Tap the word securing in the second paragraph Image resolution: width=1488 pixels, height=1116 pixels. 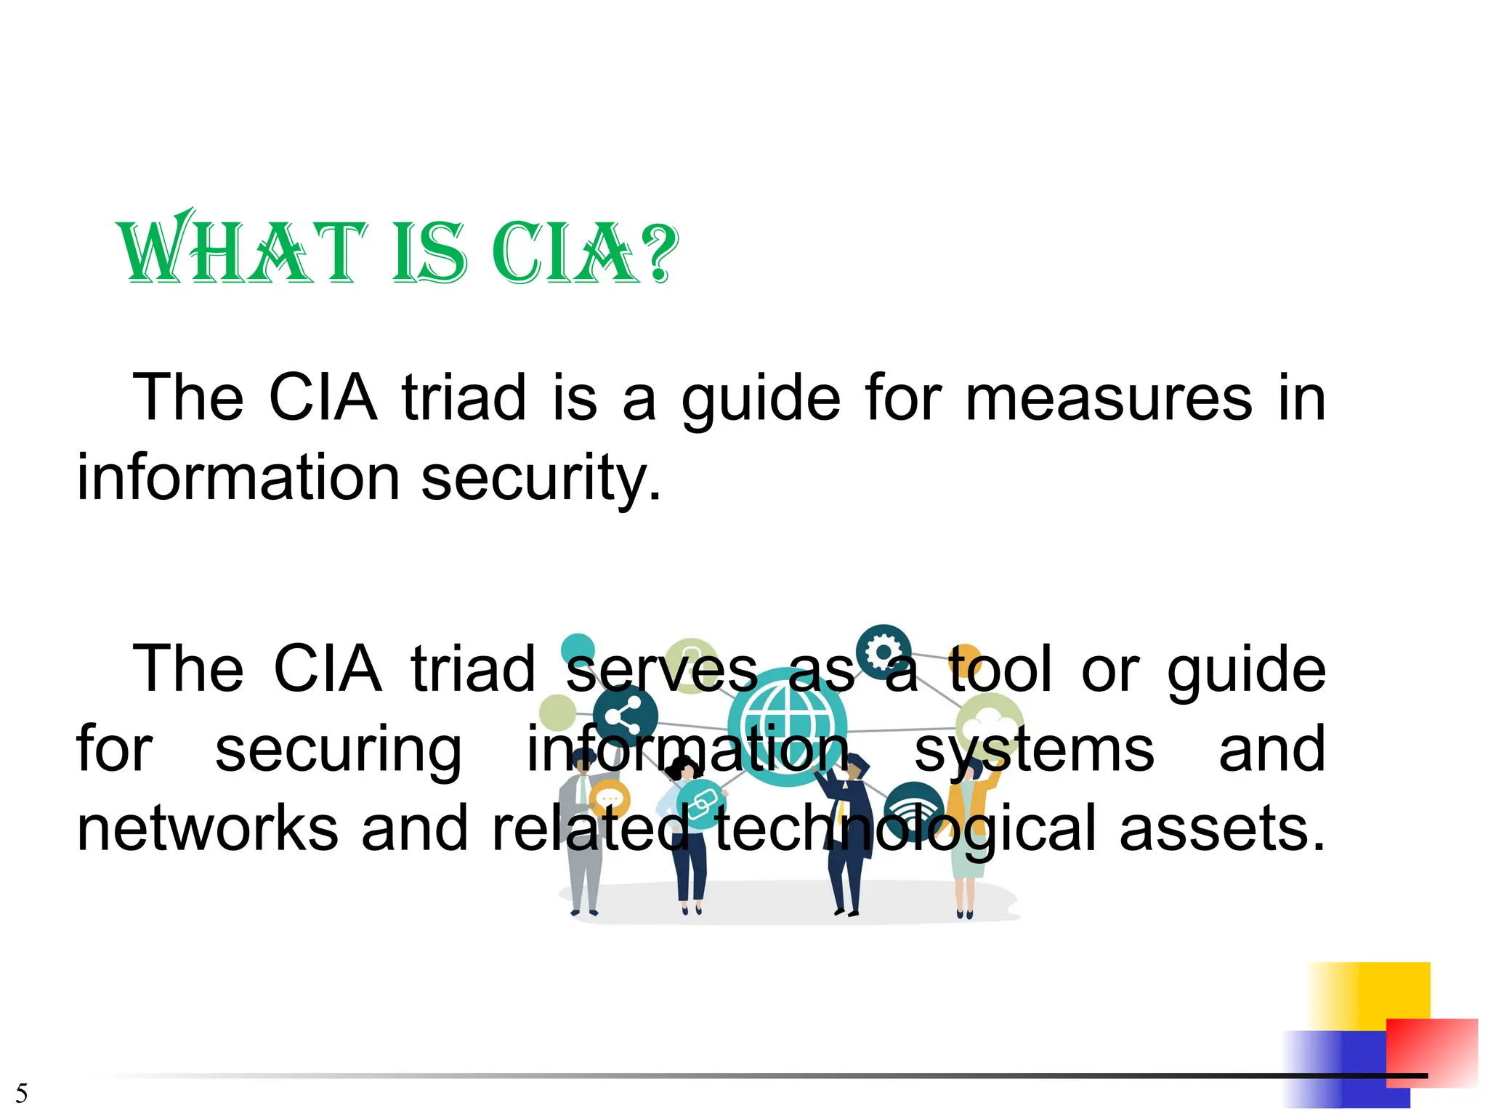pyautogui.click(x=338, y=750)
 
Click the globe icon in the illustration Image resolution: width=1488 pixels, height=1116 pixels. pyautogui.click(x=787, y=727)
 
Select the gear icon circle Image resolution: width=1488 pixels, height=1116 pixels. pyautogui.click(x=883, y=652)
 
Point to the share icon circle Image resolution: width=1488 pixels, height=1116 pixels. pyautogui.click(x=625, y=716)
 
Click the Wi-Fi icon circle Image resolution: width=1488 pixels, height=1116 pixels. pyautogui.click(x=914, y=810)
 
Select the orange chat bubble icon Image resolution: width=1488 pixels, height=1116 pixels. pyautogui.click(x=609, y=799)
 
